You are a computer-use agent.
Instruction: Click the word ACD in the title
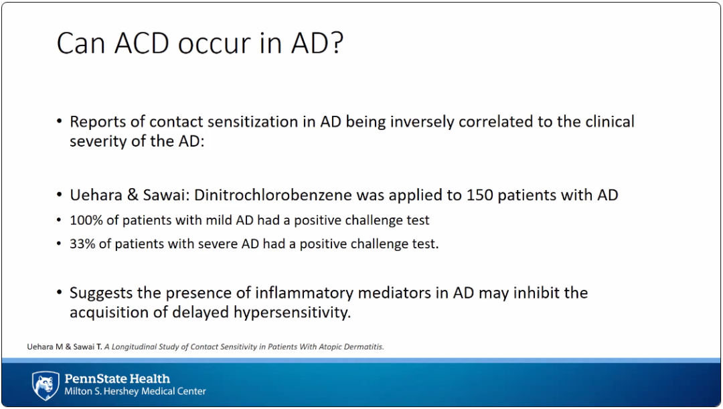pos(141,43)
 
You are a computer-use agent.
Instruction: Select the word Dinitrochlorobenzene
pos(273,195)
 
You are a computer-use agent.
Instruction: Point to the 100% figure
pos(86,220)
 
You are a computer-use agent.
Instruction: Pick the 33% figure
pos(82,244)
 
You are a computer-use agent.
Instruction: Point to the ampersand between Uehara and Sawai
pos(133,195)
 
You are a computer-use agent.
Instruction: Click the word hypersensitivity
pos(292,312)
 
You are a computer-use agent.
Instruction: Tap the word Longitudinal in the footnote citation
pos(134,347)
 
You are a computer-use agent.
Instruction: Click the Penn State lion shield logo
pos(46,386)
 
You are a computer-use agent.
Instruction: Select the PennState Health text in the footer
pos(117,379)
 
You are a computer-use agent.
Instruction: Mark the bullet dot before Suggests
pos(59,293)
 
